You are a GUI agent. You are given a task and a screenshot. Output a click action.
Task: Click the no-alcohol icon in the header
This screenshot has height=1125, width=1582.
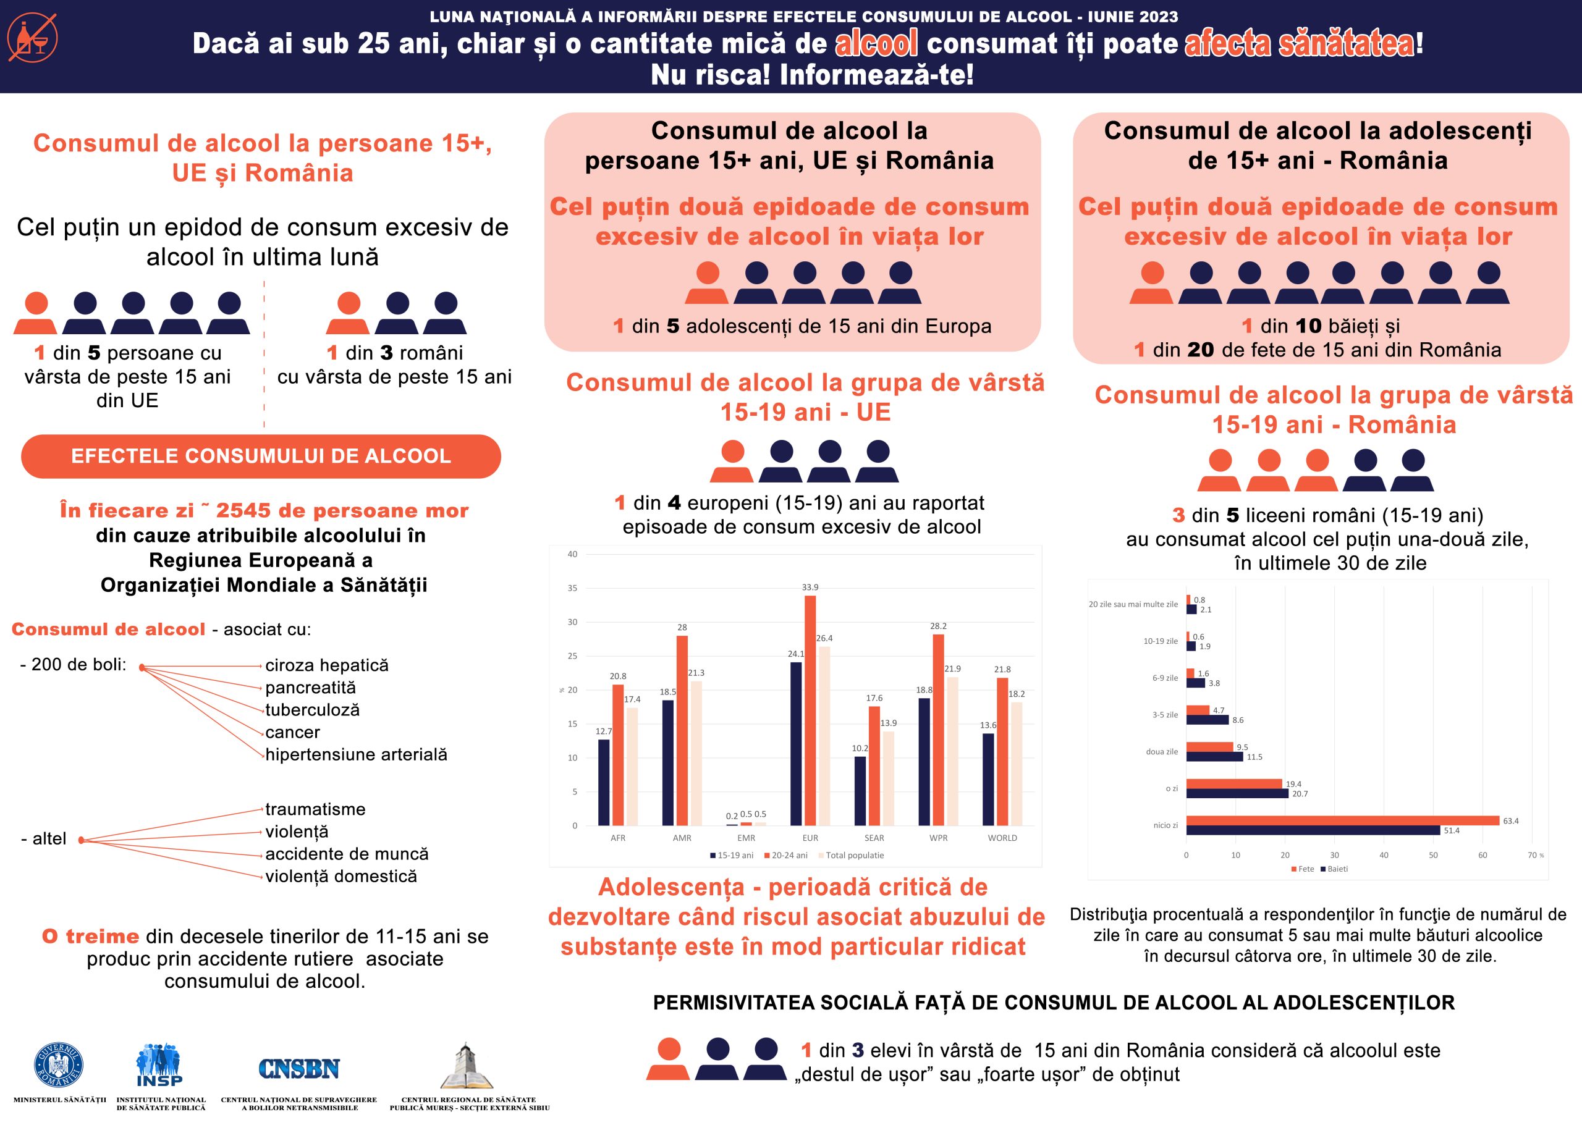coord(33,38)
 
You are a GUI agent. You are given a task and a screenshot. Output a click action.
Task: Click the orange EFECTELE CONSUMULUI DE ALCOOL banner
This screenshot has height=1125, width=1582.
coord(261,456)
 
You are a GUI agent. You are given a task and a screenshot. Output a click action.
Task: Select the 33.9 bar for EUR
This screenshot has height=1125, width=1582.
coord(810,710)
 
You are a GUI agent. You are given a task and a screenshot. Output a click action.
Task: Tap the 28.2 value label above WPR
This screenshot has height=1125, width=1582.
coord(938,626)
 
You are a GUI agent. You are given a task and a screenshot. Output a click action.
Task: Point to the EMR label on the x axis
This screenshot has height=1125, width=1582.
coord(747,838)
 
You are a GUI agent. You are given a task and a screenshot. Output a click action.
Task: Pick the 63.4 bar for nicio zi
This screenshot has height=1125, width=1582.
coord(1342,821)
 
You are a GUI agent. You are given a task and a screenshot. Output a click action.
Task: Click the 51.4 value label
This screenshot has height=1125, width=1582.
coord(1451,830)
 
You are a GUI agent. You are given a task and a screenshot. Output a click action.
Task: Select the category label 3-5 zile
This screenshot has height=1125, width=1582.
coord(1165,715)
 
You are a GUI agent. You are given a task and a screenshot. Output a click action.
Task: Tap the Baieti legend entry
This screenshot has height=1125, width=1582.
coord(1335,869)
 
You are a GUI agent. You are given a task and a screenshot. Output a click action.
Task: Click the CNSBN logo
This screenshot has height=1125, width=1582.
coord(298,1069)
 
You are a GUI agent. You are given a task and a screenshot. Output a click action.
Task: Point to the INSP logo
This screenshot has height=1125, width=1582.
coord(159,1067)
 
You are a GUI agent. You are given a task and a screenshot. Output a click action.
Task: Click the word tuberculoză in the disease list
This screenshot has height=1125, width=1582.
coord(313,710)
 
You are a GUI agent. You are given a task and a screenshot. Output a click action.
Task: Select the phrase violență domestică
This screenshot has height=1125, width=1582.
coord(341,876)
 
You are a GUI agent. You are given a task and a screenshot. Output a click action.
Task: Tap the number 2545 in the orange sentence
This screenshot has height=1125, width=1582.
coord(243,510)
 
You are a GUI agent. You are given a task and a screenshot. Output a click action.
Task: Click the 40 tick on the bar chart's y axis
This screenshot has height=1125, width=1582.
coord(572,554)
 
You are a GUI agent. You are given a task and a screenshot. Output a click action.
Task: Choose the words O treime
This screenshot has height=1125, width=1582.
coord(91,937)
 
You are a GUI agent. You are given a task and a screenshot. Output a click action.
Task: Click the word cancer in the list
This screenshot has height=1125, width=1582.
coord(292,732)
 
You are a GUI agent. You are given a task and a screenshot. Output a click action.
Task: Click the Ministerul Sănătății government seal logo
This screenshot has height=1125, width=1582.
coord(59,1066)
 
